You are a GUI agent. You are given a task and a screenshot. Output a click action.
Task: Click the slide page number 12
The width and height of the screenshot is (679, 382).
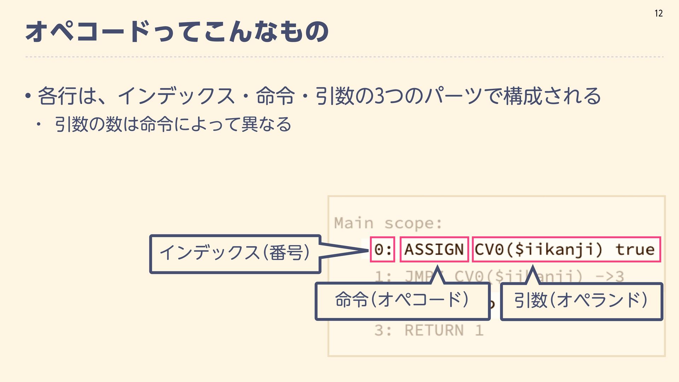tap(658, 13)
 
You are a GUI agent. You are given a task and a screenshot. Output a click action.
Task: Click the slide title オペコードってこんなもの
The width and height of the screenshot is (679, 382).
tap(177, 32)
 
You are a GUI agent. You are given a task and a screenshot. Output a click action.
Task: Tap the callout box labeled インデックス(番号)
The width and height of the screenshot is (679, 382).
tap(235, 253)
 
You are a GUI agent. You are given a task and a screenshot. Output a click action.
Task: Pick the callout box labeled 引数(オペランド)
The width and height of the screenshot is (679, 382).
tap(581, 301)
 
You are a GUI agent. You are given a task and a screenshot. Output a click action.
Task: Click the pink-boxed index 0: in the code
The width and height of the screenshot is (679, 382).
tap(382, 249)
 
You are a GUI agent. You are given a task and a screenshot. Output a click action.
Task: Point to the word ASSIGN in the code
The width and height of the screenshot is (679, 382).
tap(434, 249)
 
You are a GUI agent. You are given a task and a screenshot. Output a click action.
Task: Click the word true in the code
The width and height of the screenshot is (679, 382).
tap(635, 249)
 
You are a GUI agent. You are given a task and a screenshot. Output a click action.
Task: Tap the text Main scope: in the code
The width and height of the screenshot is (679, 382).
tap(388, 223)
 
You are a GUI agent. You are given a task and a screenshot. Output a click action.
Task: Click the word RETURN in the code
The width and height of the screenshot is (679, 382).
tap(434, 330)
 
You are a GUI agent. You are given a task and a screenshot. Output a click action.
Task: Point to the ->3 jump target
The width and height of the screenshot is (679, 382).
tap(610, 276)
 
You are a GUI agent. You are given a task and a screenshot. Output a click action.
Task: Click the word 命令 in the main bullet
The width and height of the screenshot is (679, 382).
tap(275, 96)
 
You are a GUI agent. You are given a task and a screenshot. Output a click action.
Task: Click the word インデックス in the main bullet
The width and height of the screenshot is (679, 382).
tap(176, 96)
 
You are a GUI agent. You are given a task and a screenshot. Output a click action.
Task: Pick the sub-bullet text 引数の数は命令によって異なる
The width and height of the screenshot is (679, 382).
tap(173, 125)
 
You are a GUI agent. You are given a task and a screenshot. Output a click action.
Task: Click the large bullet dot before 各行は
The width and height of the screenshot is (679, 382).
tap(28, 96)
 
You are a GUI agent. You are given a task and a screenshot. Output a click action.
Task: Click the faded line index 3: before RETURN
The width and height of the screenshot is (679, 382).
tap(383, 330)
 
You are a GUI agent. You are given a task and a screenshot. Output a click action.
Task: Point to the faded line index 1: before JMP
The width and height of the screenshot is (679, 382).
tap(383, 276)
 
